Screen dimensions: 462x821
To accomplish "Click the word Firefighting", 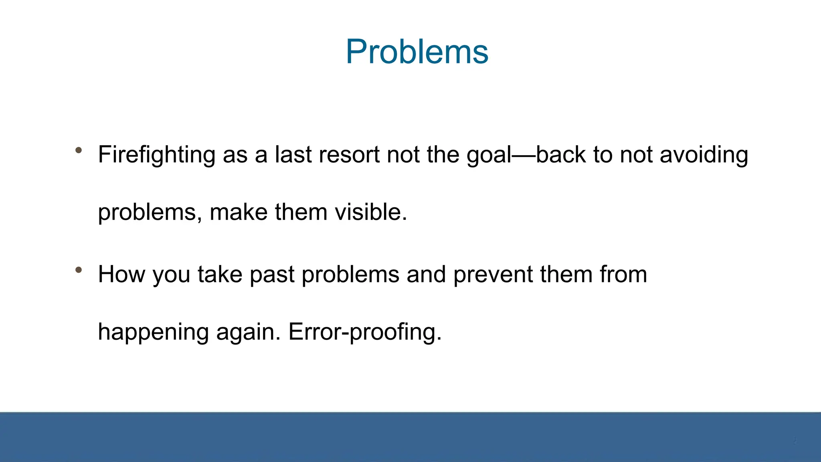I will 157,155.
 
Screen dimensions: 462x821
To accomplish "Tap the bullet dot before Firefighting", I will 79,150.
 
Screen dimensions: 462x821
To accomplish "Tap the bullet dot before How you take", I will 79,270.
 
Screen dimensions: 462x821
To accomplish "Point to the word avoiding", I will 704,155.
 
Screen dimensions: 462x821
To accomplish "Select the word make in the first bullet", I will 239,212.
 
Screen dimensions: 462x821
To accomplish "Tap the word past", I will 272,275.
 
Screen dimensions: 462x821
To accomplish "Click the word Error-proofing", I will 364,332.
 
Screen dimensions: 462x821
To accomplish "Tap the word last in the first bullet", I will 293,155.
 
